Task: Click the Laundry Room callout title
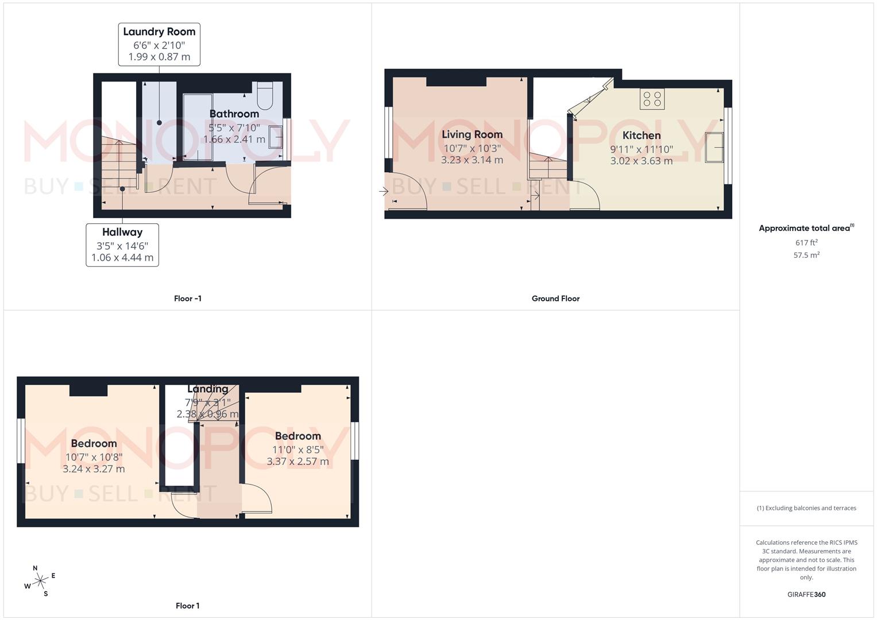point(159,32)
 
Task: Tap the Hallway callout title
point(122,232)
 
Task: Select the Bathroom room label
point(234,114)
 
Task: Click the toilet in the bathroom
point(265,96)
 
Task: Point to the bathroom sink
point(276,138)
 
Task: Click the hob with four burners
point(652,99)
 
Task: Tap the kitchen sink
point(714,148)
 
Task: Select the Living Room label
point(472,134)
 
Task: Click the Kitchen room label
point(642,135)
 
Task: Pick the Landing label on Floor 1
point(207,389)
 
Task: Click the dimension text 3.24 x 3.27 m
point(94,469)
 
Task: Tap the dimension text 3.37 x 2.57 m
point(298,462)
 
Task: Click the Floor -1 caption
point(188,299)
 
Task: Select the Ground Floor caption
point(555,299)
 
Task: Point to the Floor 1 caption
point(188,606)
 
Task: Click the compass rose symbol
point(40,581)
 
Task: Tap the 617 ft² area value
point(806,243)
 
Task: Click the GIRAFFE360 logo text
point(806,595)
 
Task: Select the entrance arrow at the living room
point(384,191)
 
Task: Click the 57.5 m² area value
point(806,255)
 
